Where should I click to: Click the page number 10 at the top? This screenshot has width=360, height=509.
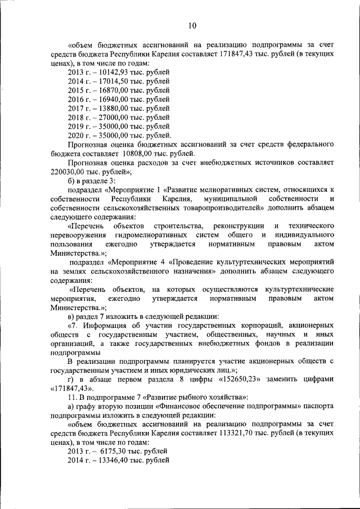(x=192, y=25)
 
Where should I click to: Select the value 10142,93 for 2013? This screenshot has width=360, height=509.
(x=109, y=73)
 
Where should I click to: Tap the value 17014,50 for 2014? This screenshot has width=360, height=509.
(x=109, y=82)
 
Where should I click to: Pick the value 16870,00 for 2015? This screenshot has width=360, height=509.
(x=109, y=91)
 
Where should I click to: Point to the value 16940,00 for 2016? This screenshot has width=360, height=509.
(x=109, y=100)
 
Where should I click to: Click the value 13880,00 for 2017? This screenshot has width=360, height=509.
(x=109, y=109)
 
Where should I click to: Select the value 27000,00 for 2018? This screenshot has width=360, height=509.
(x=109, y=118)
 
